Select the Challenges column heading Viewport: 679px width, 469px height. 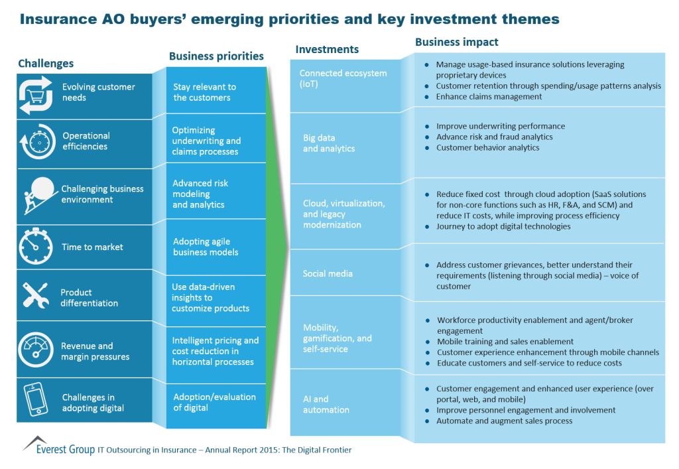click(46, 64)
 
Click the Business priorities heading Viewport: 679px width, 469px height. click(216, 56)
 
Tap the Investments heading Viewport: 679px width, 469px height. click(327, 49)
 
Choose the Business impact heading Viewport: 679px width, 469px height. click(456, 42)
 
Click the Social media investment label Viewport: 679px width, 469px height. click(328, 273)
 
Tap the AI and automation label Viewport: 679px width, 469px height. click(326, 404)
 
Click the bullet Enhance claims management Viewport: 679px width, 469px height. click(489, 97)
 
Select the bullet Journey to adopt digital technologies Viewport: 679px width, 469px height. click(503, 226)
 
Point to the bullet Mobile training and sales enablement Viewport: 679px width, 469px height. click(505, 342)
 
